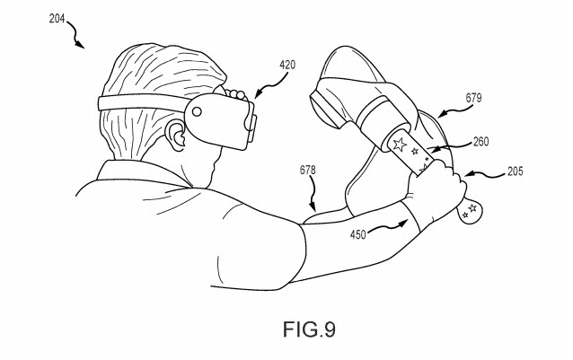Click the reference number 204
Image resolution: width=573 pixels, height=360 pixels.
57,18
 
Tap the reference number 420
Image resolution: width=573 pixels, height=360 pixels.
287,66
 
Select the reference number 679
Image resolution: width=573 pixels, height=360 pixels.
473,98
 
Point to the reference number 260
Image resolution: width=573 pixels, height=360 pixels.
480,142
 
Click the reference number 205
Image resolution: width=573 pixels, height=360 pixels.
515,171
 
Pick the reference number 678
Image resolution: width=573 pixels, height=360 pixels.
308,171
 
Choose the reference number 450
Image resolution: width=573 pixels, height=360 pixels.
357,234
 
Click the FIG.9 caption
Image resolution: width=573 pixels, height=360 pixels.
309,329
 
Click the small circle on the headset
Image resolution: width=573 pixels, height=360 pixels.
197,111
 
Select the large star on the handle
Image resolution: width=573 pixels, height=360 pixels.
399,145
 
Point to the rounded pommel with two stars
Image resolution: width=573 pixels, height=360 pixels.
469,212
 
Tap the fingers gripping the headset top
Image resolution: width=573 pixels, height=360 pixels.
235,95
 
